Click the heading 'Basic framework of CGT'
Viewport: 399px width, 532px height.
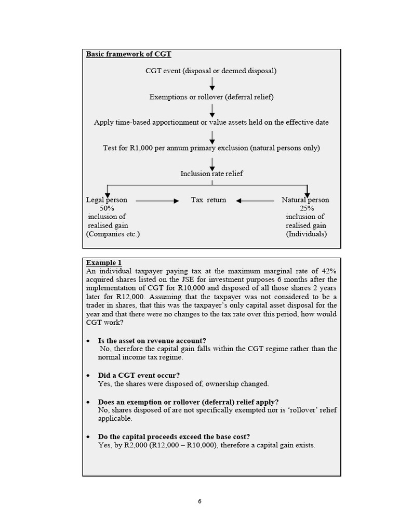(128, 54)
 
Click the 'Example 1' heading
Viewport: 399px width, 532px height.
(104, 262)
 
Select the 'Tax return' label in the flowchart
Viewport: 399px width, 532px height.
(208, 199)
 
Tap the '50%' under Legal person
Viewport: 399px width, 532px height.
(107, 208)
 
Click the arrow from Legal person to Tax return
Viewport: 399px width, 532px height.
(157, 200)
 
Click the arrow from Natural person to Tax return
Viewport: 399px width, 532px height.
(255, 200)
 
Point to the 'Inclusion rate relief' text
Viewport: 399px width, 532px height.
(211, 174)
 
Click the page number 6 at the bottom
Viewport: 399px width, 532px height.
(199, 501)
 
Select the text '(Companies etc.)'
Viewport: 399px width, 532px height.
(113, 234)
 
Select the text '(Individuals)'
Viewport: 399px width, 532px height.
(307, 234)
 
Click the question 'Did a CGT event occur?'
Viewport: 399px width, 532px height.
(139, 375)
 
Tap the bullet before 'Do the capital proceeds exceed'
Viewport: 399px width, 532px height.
(88, 437)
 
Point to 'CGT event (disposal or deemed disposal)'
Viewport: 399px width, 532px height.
(211, 71)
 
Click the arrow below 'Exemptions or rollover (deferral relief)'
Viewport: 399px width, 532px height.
(212, 110)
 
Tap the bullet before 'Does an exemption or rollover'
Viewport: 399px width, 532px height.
(88, 402)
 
